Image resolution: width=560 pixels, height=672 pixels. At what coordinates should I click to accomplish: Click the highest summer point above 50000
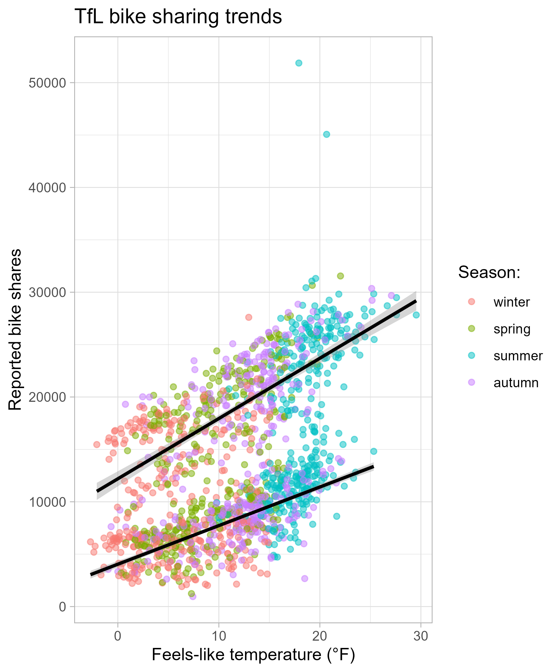(x=298, y=63)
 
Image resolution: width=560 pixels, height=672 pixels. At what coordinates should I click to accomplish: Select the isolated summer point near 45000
(x=326, y=134)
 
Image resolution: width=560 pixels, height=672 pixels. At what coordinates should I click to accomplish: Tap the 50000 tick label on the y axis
(x=47, y=83)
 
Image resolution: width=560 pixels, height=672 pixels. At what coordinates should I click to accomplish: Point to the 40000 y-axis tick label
(x=47, y=188)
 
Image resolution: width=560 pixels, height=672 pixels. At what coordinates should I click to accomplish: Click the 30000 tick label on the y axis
(x=47, y=293)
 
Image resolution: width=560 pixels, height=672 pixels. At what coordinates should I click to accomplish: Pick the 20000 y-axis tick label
(x=47, y=397)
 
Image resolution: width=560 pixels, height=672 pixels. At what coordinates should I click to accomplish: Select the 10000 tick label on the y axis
(x=47, y=502)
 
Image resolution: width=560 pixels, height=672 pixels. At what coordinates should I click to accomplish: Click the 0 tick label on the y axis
(x=62, y=607)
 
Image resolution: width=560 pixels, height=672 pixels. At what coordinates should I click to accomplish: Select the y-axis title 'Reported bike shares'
(x=15, y=330)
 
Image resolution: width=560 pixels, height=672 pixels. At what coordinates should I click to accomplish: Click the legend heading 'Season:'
(x=489, y=273)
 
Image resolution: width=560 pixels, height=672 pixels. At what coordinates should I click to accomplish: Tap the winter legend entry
(x=511, y=302)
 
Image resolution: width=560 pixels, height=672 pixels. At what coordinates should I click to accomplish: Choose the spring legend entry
(x=512, y=329)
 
